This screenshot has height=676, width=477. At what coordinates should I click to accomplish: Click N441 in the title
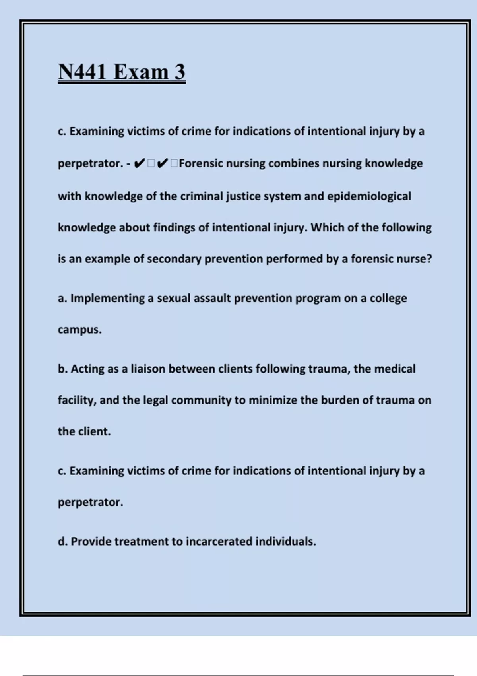(82, 72)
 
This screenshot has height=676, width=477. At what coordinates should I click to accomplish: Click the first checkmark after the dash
(139, 163)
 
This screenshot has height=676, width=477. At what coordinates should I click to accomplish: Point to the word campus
(79, 330)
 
